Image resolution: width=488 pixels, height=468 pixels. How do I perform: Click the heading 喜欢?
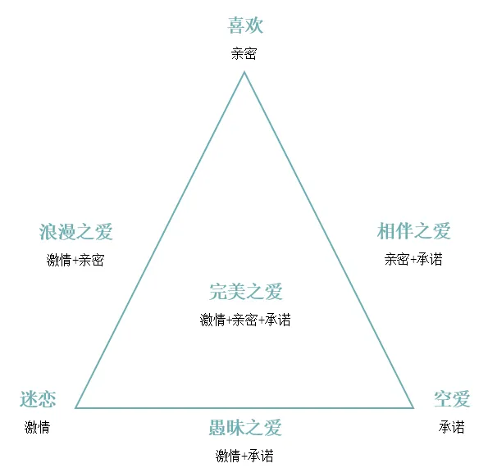click(245, 25)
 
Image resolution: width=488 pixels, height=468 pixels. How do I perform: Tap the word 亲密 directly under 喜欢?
click(244, 53)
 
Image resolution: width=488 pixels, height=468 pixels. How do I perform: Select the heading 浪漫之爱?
click(75, 232)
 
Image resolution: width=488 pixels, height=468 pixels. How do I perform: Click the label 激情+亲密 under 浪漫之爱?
click(75, 260)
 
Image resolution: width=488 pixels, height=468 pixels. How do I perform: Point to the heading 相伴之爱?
click(413, 231)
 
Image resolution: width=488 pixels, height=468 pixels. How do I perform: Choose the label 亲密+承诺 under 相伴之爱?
click(413, 259)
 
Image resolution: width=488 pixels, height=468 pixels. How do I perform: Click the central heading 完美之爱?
click(245, 292)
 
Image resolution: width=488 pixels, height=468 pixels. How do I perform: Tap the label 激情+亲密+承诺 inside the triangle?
click(245, 320)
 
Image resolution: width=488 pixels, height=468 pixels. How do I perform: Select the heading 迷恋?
click(38, 399)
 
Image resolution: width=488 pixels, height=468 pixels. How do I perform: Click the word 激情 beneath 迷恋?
click(38, 427)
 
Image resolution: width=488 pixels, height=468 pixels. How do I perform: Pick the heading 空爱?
click(452, 399)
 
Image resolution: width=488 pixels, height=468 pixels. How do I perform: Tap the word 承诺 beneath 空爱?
click(452, 427)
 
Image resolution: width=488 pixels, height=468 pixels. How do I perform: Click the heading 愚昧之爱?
click(245, 428)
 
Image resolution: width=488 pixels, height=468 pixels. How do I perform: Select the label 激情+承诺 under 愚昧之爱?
click(244, 456)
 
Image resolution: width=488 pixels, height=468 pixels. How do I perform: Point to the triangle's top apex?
click(244, 72)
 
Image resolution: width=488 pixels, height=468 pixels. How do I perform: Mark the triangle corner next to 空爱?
click(413, 407)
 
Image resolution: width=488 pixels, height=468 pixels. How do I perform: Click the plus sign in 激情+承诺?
click(244, 457)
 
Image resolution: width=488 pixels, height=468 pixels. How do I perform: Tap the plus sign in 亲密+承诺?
click(413, 260)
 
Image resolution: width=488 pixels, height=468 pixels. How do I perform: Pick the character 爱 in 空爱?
click(461, 399)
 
